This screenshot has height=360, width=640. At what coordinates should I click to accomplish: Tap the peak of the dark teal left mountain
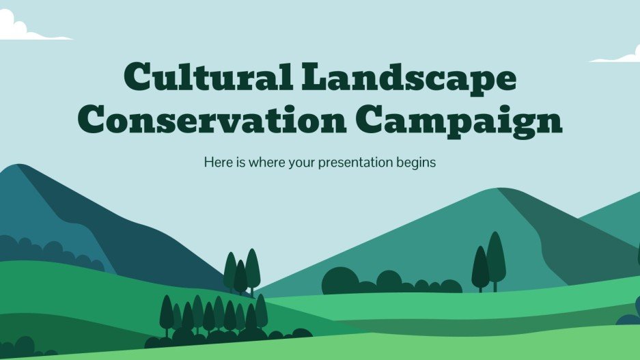20,167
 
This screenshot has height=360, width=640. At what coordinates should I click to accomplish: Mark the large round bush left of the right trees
340,280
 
